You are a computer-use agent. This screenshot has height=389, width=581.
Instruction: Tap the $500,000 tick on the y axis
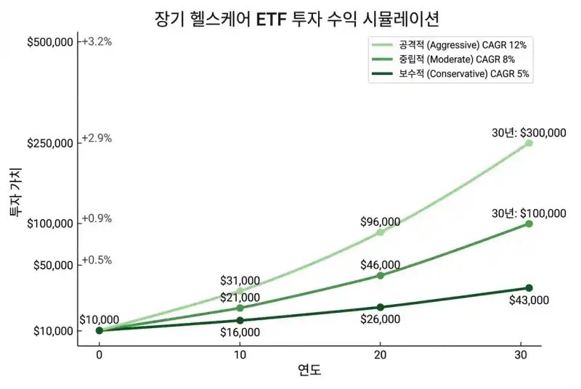(x=50, y=42)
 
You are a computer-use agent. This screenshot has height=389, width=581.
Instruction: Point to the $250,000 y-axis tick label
(x=50, y=143)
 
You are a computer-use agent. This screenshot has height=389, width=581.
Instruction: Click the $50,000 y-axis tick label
(x=53, y=265)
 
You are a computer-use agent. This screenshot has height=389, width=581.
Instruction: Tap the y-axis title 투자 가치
(x=15, y=192)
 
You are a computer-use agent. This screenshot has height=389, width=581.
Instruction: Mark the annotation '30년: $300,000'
(x=529, y=133)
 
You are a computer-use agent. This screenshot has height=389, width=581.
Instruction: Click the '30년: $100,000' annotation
(x=529, y=213)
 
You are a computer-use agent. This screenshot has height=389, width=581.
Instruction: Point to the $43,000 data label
(x=529, y=300)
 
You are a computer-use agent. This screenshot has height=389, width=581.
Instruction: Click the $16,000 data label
(x=240, y=332)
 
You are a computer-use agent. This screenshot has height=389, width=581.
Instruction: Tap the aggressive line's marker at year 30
(x=529, y=143)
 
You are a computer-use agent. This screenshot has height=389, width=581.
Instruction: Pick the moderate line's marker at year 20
(x=380, y=276)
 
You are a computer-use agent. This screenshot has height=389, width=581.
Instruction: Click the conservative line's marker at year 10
(x=240, y=320)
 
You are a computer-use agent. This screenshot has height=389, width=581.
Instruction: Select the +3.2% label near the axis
(x=97, y=41)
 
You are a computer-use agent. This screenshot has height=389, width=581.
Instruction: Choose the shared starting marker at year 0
(x=99, y=331)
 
